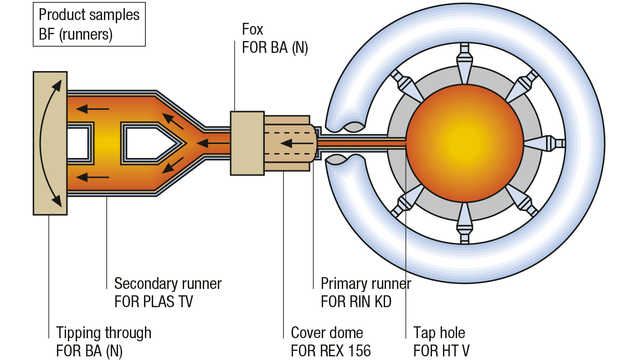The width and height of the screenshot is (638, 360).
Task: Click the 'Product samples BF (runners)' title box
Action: click(x=89, y=25)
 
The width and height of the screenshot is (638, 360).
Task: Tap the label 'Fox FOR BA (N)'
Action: click(x=275, y=39)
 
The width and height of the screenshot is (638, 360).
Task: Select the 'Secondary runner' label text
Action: click(x=168, y=283)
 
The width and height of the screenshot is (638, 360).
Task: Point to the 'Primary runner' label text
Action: click(x=365, y=283)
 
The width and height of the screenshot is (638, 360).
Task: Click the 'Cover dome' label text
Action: click(x=327, y=333)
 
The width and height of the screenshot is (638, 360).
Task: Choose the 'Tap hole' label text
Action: click(x=439, y=333)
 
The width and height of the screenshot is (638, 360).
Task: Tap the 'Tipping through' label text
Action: click(x=103, y=333)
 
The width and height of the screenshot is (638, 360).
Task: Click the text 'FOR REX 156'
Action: click(x=331, y=351)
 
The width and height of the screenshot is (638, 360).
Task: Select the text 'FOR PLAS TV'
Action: click(x=154, y=302)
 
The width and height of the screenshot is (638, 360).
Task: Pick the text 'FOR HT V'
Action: click(x=441, y=351)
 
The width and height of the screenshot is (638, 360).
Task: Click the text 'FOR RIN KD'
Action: click(x=356, y=302)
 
